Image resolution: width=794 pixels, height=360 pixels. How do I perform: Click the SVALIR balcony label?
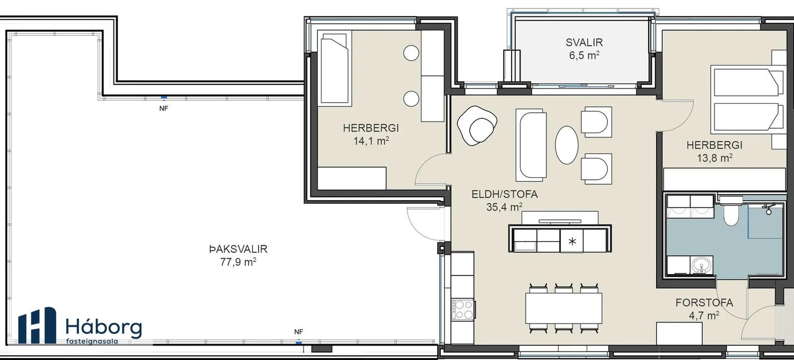pos(584,42)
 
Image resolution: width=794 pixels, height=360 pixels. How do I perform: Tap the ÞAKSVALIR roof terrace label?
pos(238,249)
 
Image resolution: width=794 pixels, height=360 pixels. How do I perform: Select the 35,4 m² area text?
pos(504,207)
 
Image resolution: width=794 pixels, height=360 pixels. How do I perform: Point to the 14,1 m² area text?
pos(371,141)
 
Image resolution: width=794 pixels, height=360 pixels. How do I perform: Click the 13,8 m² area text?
pos(714,158)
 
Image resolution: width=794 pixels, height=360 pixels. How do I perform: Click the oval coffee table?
pos(567,145)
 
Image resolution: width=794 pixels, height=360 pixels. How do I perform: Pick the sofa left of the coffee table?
pos(530,145)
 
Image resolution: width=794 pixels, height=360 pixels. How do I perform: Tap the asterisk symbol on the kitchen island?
pos(572,241)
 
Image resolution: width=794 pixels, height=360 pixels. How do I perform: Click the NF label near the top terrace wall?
pos(164,108)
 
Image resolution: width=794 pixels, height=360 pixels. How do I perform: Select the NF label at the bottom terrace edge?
pos(298,332)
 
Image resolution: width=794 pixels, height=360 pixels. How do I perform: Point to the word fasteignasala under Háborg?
pos(92,341)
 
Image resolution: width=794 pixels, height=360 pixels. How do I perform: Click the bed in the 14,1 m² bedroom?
pos(334,69)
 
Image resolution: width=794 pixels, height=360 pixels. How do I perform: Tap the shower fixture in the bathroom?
pos(769,208)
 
